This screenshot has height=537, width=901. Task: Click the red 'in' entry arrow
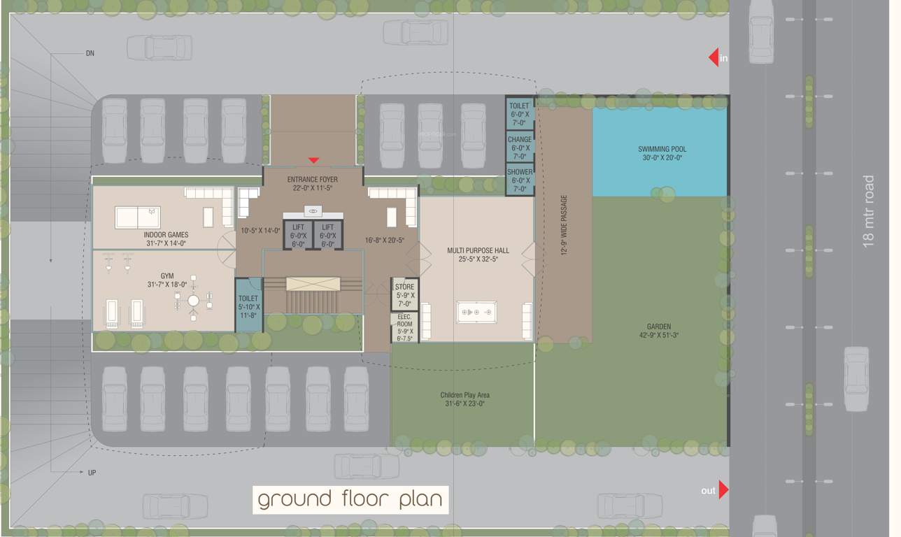tap(714, 57)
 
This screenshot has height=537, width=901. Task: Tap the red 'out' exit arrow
tap(723, 490)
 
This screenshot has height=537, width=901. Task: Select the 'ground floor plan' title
tap(350, 499)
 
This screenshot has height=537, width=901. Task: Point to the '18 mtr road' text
tap(869, 210)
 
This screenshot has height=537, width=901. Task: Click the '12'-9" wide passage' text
tap(564, 225)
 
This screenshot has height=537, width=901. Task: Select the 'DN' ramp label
tap(90, 53)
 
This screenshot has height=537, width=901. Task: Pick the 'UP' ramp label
tap(92, 473)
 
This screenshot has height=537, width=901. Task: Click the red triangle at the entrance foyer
tap(313, 161)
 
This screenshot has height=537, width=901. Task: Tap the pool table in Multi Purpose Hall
tap(476, 311)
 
